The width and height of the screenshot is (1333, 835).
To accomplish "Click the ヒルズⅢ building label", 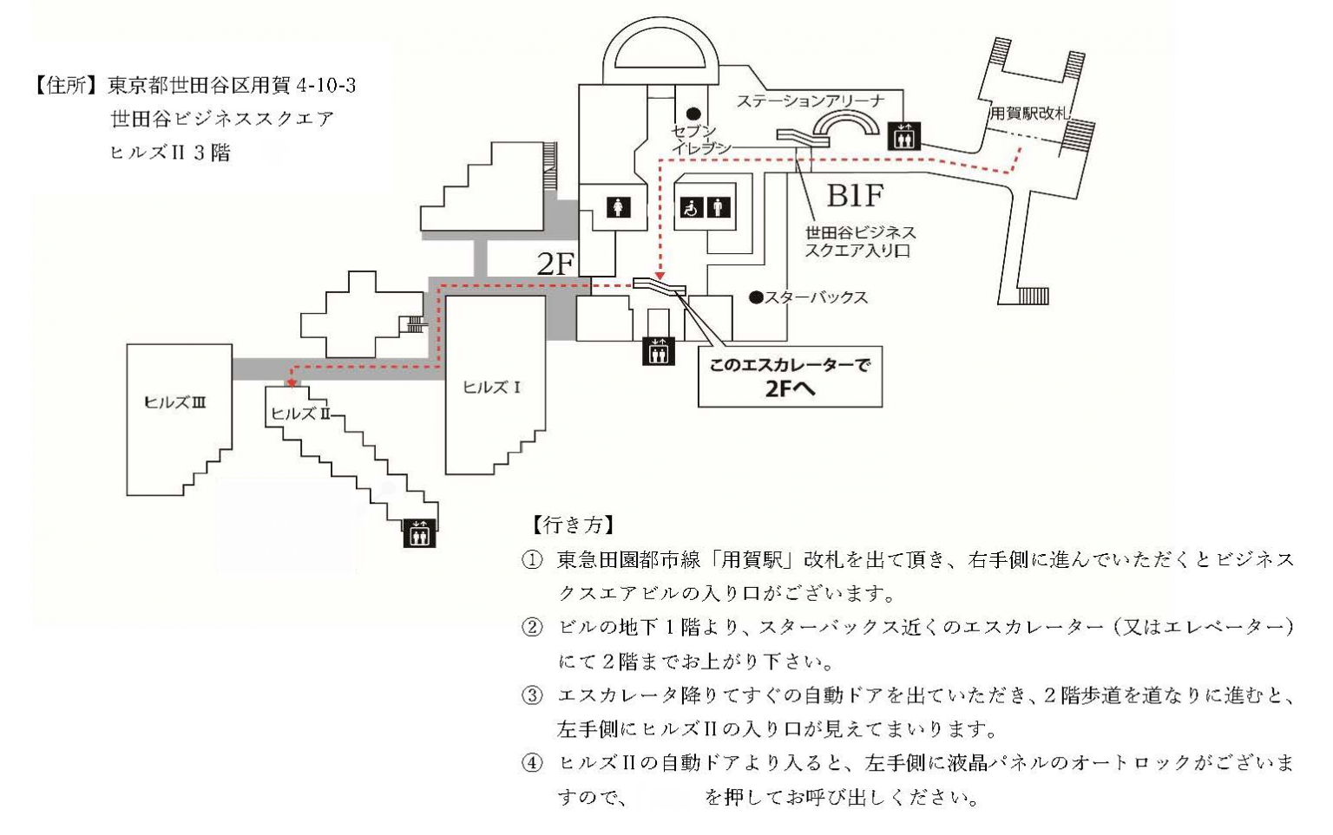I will coord(174,402).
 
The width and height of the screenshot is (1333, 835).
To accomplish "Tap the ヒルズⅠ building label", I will coord(491,388).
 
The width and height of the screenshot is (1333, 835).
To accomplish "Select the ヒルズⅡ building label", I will coord(300,414).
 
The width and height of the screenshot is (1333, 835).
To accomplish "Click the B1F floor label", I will coord(855,197).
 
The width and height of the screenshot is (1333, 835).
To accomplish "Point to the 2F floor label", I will coord(556,264).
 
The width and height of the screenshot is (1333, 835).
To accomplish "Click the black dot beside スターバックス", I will coord(756,297).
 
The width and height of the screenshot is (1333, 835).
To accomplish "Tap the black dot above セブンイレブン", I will coord(693,114).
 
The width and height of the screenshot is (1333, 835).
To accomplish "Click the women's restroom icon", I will coord(619,208).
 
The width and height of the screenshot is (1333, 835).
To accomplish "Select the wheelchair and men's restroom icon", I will coord(704,208).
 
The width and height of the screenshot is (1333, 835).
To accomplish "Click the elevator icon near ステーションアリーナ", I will coord(904,136).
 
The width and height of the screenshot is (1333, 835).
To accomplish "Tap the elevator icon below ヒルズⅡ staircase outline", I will coord(420,533).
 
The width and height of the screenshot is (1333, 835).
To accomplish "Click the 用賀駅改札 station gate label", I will coord(1030,114).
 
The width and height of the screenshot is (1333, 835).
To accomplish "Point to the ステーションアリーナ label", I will coord(811,101).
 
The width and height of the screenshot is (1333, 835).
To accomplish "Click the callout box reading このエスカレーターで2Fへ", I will coord(790,377).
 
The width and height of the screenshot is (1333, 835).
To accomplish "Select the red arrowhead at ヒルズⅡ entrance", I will coord(292,382).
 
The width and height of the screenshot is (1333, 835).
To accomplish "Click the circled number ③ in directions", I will coord(531,695).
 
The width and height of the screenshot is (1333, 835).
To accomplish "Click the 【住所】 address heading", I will coord(67,86).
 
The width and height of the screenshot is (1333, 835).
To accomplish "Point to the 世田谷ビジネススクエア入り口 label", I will coord(860,242).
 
